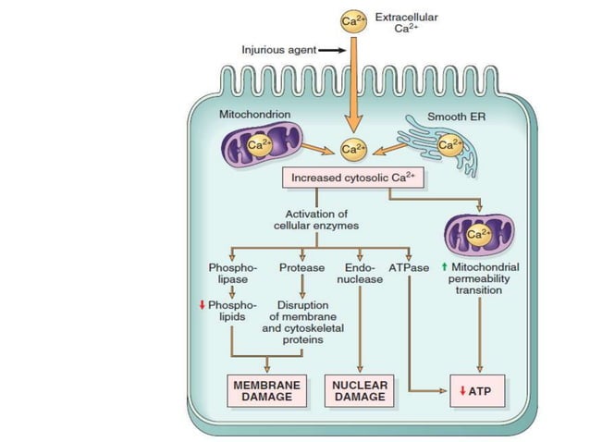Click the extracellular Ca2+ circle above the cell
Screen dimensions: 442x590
pyautogui.click(x=350, y=21)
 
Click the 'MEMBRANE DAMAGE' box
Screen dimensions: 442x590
pyautogui.click(x=268, y=391)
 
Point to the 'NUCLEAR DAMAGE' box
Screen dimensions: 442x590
pyautogui.click(x=359, y=391)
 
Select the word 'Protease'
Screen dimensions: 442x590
pyautogui.click(x=301, y=268)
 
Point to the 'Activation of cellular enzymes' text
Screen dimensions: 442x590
pyautogui.click(x=315, y=219)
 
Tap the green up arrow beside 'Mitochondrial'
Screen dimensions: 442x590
pyautogui.click(x=444, y=266)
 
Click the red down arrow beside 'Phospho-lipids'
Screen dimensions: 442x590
pyautogui.click(x=201, y=303)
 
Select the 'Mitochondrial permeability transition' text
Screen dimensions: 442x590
pyautogui.click(x=483, y=278)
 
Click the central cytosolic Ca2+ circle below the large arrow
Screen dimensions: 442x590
pyautogui.click(x=350, y=148)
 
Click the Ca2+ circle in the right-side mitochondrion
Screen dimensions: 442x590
pyautogui.click(x=479, y=235)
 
